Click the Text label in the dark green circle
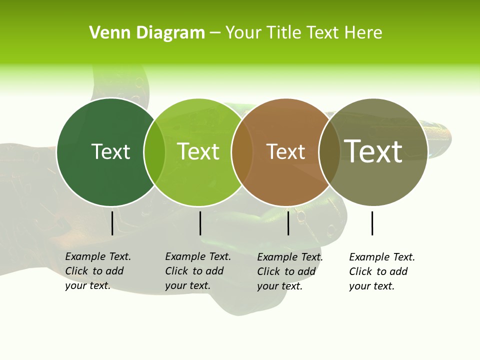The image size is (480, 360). [110, 151]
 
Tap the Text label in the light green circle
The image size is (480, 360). [198, 151]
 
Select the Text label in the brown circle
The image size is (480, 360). [285, 151]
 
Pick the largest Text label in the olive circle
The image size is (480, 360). [373, 151]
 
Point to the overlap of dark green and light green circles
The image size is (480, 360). [154, 151]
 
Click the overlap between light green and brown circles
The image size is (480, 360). [242, 151]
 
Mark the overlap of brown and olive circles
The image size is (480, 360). [329, 151]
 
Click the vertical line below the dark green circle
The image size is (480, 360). [112, 223]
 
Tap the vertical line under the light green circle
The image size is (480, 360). [200, 223]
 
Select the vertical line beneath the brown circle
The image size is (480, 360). [288, 223]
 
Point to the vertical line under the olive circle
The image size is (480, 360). [372, 223]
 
